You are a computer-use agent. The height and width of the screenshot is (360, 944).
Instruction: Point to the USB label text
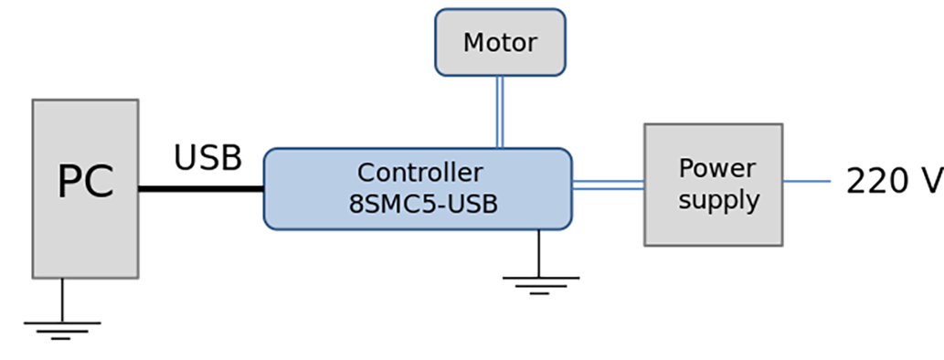207,158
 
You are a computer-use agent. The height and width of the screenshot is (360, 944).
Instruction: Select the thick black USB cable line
201,189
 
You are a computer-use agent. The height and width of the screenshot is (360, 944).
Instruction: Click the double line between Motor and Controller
500,111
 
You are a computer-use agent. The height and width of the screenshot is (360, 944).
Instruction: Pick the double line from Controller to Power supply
608,185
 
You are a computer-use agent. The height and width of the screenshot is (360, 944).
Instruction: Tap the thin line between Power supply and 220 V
806,181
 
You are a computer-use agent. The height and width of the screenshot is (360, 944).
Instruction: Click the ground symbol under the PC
61,328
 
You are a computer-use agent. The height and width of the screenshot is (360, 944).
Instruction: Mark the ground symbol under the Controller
540,284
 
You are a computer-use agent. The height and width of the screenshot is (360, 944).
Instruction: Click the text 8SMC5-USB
423,204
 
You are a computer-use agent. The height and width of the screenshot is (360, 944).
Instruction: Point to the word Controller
419,173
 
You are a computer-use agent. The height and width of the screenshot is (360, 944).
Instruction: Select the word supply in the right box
718,200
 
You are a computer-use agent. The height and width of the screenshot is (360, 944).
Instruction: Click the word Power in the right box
716,169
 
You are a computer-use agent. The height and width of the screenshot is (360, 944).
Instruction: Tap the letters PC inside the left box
85,182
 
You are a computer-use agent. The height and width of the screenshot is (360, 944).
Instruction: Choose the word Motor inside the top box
500,42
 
